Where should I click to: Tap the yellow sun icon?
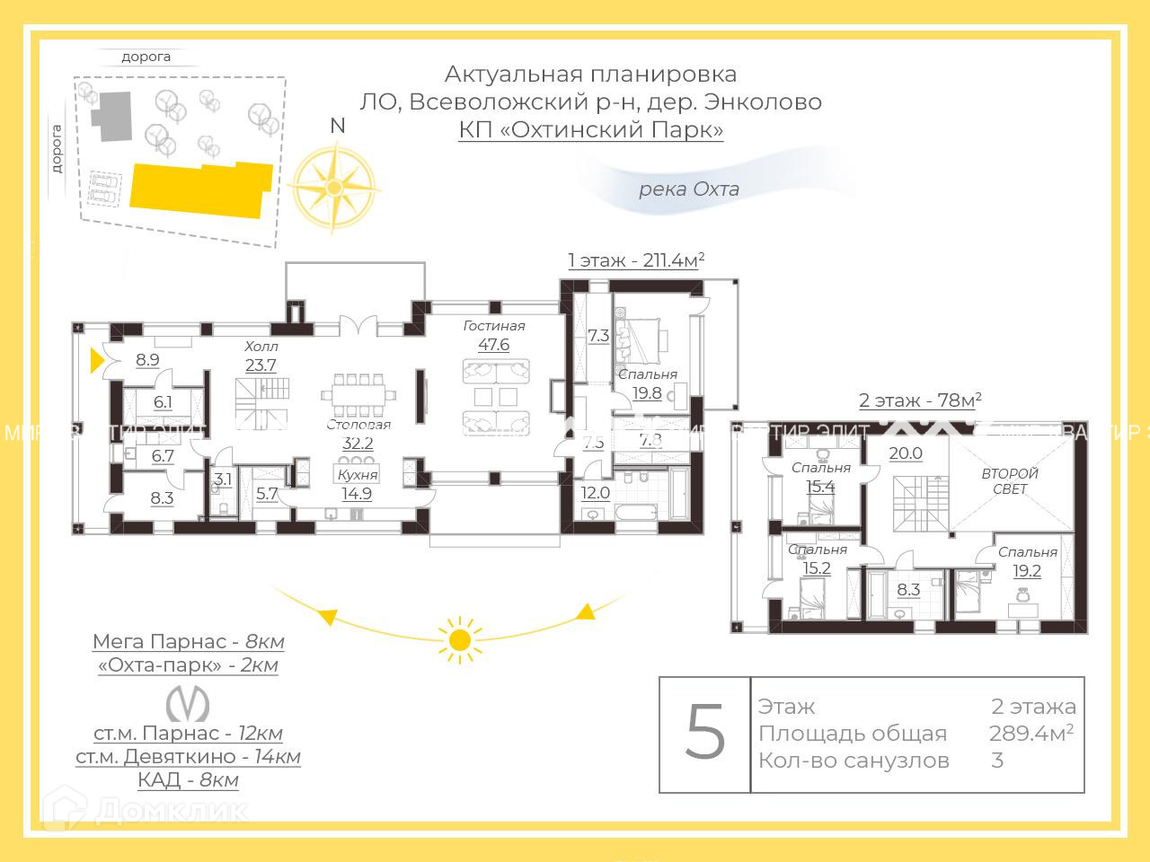tap(460, 639)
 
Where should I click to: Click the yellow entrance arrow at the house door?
tap(98, 361)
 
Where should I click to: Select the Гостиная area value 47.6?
tap(493, 345)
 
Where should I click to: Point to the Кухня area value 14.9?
tap(357, 493)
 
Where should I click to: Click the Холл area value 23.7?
tap(261, 365)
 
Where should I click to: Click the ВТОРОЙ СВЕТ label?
tap(1010, 481)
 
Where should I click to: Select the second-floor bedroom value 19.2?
tap(1027, 570)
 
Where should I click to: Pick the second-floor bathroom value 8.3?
tap(908, 590)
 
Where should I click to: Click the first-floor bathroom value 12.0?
tap(595, 492)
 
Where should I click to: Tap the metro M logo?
tap(189, 703)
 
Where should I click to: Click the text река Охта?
tap(688, 189)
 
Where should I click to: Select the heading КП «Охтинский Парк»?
tap(590, 129)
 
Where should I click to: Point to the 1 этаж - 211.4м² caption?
tap(636, 260)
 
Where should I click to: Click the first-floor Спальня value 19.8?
tap(646, 392)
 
